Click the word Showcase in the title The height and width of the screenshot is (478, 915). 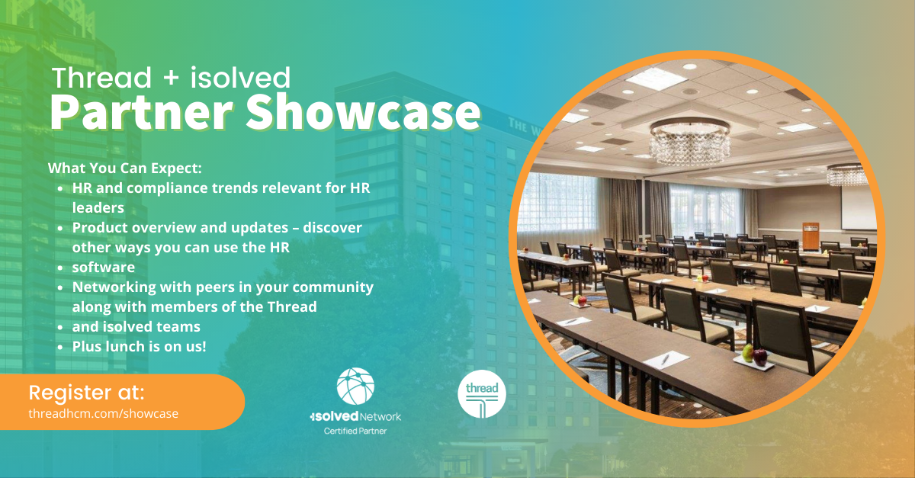pos(363,112)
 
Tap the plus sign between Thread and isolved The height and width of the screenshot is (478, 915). pos(171,78)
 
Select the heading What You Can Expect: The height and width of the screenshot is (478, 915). pos(125,168)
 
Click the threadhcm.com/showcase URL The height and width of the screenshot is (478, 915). pos(104,413)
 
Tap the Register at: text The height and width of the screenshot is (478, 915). pos(87,392)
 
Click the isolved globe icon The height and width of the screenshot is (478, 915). pos(355,386)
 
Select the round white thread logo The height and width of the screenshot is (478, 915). pos(482,394)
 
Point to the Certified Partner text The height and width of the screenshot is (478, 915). pos(355,431)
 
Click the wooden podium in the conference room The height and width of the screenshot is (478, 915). pos(811,236)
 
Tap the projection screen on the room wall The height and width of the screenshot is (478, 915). pos(859,207)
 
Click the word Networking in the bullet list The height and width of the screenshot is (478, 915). pos(114,287)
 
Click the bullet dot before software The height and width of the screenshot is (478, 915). pos(60,268)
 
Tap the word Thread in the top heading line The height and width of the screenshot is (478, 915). pos(101,78)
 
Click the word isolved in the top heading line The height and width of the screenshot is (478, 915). pos(241,78)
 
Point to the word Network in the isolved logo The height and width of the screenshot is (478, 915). pos(380,417)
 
